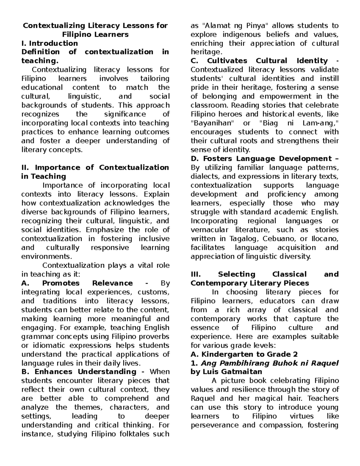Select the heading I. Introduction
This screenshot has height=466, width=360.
49,43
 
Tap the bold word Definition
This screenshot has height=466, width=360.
40,52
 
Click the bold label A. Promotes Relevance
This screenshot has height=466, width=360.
77,283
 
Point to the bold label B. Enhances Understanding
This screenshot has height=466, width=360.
79,371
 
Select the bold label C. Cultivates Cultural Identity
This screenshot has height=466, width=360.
259,61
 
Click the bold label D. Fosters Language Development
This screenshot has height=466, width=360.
261,158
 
